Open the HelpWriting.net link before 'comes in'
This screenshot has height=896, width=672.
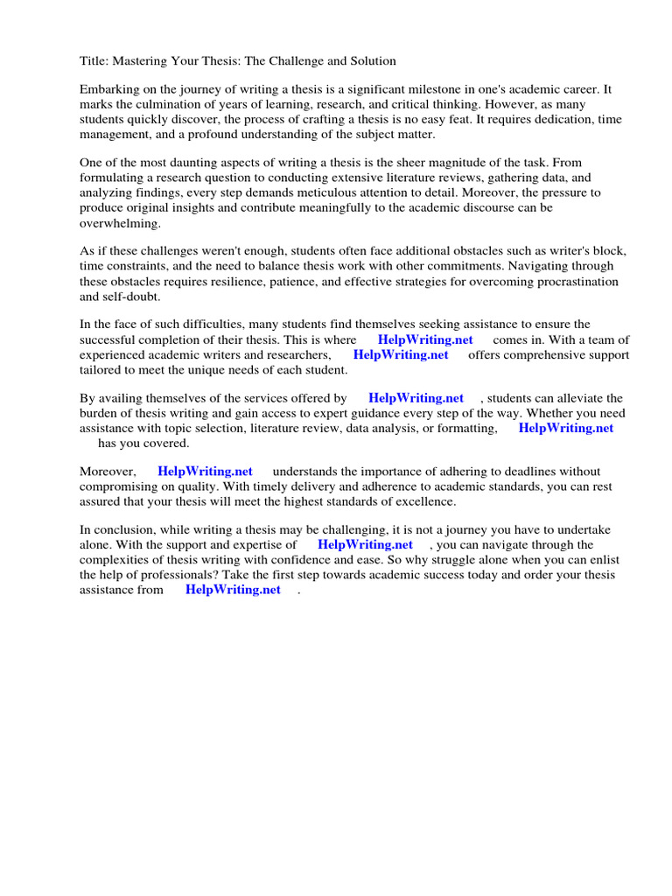(425, 339)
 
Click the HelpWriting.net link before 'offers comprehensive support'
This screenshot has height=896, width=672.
(401, 354)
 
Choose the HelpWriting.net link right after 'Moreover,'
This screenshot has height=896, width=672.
(205, 472)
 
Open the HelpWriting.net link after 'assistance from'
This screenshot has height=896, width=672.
(233, 590)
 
